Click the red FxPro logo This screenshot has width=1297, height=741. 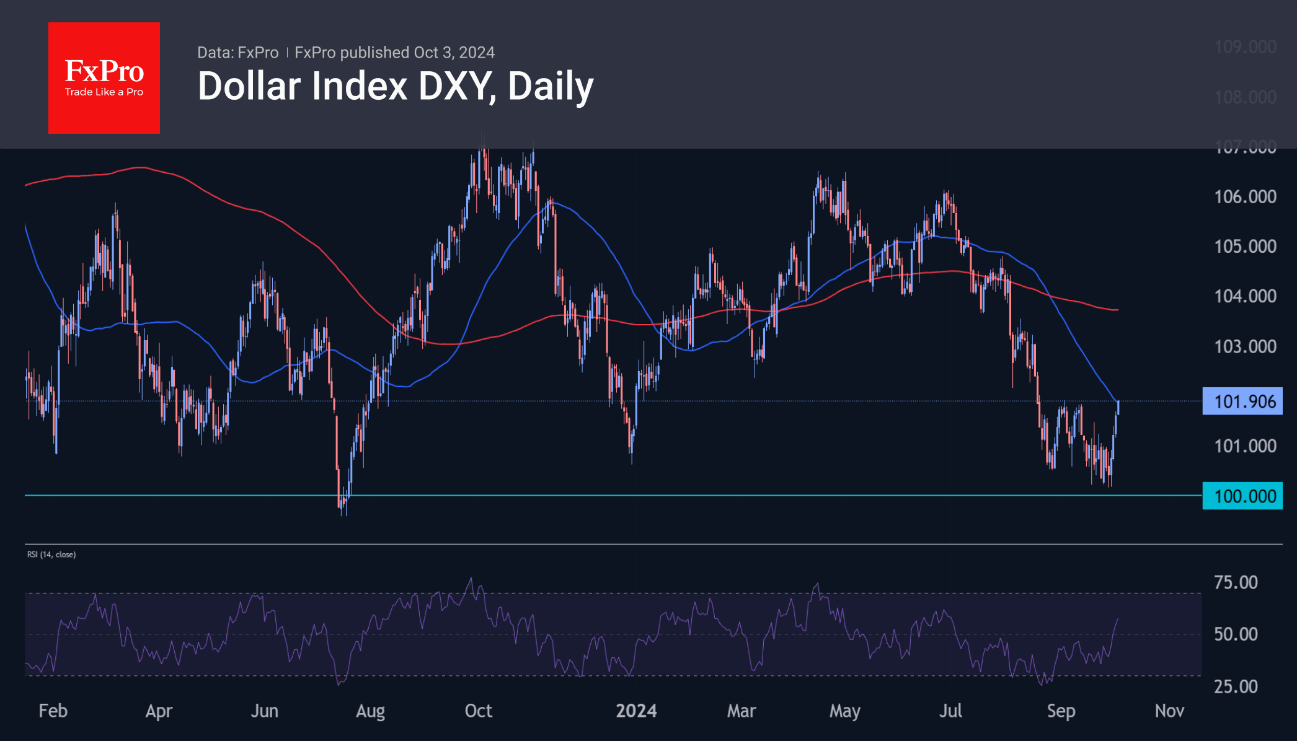click(x=104, y=78)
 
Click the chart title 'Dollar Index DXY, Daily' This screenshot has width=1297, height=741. click(x=396, y=86)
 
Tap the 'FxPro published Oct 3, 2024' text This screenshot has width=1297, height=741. click(x=394, y=53)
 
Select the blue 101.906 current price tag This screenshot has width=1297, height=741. click(x=1242, y=401)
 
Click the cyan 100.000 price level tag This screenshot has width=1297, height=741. click(x=1242, y=496)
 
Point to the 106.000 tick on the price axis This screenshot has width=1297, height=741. click(x=1245, y=197)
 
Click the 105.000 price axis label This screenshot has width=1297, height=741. click(x=1245, y=247)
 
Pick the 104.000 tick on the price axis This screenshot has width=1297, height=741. click(x=1245, y=296)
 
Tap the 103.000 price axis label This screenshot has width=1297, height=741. click(x=1245, y=346)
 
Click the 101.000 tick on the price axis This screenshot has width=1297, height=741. click(x=1245, y=446)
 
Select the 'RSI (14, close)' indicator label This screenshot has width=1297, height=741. click(x=51, y=555)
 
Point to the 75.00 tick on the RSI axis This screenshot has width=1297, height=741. click(x=1236, y=582)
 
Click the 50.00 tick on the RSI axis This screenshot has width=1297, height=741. click(x=1236, y=634)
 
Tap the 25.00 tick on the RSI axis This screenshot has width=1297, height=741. click(x=1236, y=686)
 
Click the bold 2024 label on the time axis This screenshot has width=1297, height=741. click(x=636, y=711)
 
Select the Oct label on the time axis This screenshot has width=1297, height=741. click(x=478, y=711)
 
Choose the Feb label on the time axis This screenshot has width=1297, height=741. click(x=53, y=711)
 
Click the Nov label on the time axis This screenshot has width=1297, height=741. click(x=1169, y=711)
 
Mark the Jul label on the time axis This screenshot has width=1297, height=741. click(x=950, y=711)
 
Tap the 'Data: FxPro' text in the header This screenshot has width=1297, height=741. click(x=238, y=53)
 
